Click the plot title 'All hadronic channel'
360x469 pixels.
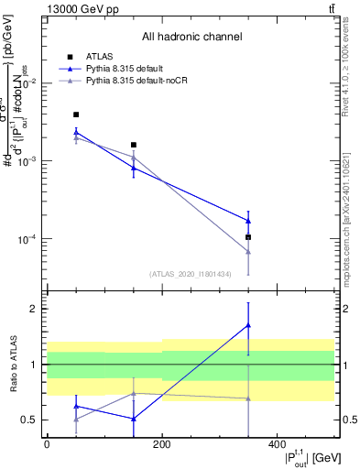191,38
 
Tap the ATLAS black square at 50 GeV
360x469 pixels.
75,115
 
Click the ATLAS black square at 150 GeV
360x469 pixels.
134,145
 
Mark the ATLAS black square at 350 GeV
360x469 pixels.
248,237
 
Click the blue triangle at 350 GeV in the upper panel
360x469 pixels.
248,221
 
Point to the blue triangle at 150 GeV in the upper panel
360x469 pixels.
134,168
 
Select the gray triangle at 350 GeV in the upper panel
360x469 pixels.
248,251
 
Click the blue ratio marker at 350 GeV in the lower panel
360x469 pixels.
248,325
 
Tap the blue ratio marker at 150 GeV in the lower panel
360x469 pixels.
134,419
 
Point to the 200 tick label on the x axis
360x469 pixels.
162,445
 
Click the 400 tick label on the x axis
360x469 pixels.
277,445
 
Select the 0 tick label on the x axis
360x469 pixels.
47,445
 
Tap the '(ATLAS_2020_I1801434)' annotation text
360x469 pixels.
191,273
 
